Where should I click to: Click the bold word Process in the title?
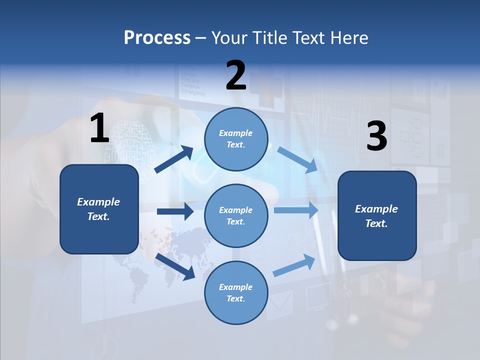click(157, 38)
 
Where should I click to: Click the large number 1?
click(99, 128)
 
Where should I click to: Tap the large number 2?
click(236, 75)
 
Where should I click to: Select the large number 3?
click(377, 136)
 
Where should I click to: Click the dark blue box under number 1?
click(99, 209)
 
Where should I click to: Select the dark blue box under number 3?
click(377, 215)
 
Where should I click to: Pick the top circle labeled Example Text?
click(236, 139)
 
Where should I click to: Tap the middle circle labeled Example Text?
click(236, 215)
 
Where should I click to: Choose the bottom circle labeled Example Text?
click(236, 292)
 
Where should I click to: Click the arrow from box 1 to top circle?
click(174, 159)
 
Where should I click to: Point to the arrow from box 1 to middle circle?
click(175, 211)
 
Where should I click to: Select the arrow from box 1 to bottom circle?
click(175, 266)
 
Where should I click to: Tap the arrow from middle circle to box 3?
click(296, 210)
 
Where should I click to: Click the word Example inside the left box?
click(98, 202)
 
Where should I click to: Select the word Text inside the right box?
click(376, 223)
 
